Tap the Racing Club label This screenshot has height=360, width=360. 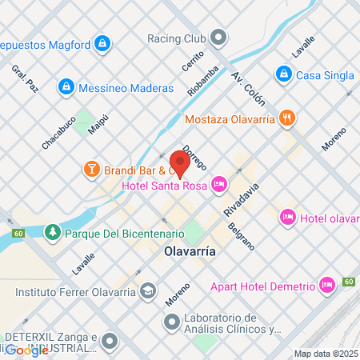point(176,38)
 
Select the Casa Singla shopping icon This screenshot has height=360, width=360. point(282,74)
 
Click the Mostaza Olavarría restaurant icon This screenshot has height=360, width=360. point(287,119)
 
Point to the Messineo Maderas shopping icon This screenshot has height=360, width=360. point(66,86)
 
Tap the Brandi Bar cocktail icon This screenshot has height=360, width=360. point(92,169)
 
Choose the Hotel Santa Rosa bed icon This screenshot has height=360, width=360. point(219,186)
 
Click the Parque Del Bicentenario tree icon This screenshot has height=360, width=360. point(53,233)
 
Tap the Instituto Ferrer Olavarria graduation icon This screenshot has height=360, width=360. point(147,290)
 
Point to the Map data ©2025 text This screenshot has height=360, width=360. point(325,354)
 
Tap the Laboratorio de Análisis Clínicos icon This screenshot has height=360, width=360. point(170,323)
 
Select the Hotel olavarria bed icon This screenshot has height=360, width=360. point(287,217)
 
